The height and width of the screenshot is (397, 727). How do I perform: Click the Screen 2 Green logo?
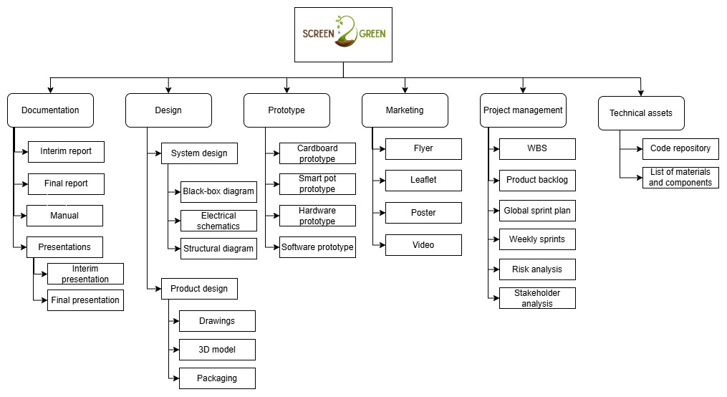tap(343, 34)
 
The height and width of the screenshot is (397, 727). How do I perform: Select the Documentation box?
tap(50, 110)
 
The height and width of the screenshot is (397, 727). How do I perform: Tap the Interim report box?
tap(66, 151)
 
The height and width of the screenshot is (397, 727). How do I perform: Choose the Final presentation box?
tap(85, 300)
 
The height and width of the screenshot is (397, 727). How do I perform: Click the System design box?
tap(199, 153)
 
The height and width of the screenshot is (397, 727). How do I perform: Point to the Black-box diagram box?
tap(218, 191)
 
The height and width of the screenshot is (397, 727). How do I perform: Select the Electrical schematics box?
tap(218, 221)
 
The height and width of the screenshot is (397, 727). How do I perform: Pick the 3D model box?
tap(217, 350)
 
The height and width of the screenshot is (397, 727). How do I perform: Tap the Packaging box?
tap(217, 378)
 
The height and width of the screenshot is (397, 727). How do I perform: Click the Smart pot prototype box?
tap(317, 184)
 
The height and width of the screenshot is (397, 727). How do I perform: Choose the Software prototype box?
tap(317, 247)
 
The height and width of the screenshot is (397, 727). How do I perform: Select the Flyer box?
tap(423, 148)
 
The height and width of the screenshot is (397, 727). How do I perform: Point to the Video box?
tap(423, 245)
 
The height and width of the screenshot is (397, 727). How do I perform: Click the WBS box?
tap(537, 149)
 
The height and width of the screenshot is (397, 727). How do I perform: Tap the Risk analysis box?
tap(537, 269)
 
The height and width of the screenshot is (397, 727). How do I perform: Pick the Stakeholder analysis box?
tap(537, 298)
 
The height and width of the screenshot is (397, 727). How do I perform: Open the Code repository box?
tap(680, 148)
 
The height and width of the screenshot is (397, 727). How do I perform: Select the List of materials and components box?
tap(680, 178)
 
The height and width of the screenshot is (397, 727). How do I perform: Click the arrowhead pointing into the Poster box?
tap(382, 213)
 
